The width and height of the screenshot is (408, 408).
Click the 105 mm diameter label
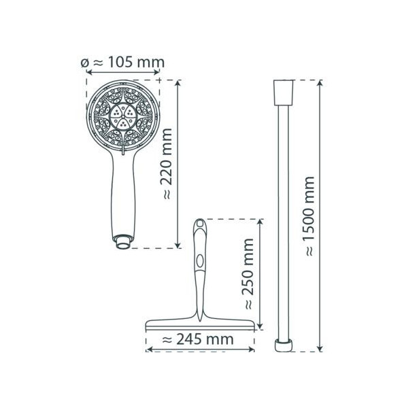(123, 63)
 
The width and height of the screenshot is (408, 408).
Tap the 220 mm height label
(166, 164)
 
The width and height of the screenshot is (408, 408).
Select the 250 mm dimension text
(248, 274)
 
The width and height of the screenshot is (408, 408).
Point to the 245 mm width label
(198, 339)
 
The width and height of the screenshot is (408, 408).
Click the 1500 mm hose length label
(309, 216)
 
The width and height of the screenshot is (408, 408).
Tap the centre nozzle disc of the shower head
(123, 116)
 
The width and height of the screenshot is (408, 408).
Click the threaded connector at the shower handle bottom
(122, 242)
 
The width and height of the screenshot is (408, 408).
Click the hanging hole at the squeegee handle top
(200, 223)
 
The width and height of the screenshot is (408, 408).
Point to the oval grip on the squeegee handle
(200, 261)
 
